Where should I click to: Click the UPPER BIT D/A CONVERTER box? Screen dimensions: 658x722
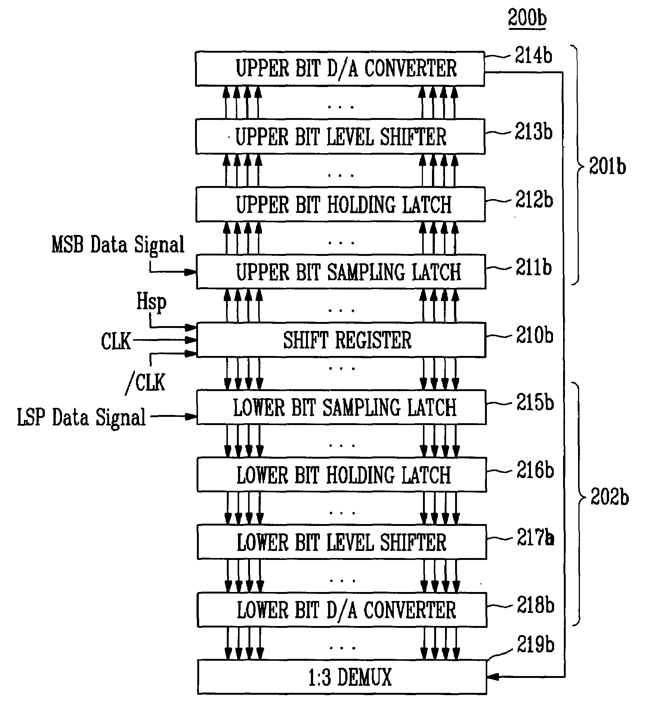point(340,69)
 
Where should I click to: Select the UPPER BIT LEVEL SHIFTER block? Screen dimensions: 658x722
point(340,137)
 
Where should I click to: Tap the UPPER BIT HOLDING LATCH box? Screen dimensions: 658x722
point(341,204)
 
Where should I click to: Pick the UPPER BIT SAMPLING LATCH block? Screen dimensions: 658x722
point(341,272)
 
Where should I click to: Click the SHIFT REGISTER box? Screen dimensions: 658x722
point(341,340)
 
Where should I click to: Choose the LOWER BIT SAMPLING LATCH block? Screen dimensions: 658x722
point(342,407)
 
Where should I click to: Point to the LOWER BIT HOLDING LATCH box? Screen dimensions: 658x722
point(342,475)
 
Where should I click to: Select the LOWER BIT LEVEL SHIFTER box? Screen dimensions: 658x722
point(342,542)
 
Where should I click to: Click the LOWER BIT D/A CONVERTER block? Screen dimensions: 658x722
point(342,610)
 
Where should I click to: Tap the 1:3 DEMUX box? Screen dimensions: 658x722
point(342,678)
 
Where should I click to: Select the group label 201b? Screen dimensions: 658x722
point(607,166)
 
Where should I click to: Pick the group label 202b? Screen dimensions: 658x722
point(609,497)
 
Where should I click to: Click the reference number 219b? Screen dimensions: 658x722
point(535,644)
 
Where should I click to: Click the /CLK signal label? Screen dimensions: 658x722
point(145,382)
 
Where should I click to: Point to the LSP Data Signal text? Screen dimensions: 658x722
point(81,417)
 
